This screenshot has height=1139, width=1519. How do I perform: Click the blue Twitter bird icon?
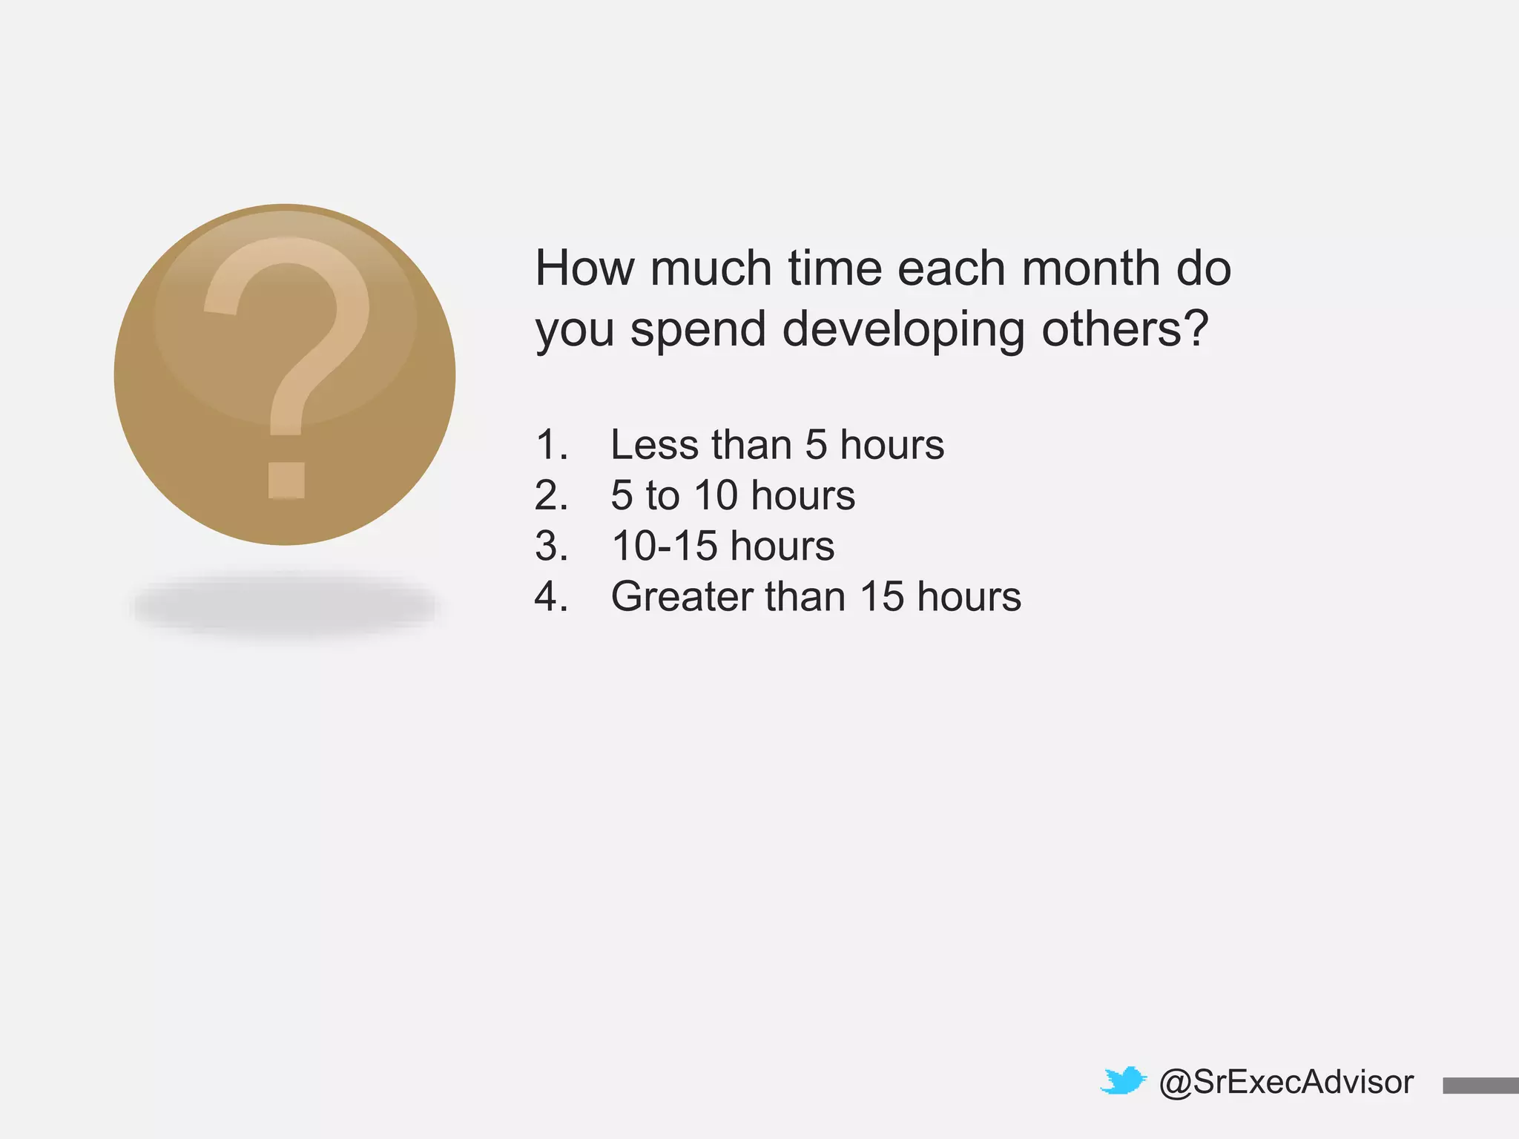(x=1123, y=1081)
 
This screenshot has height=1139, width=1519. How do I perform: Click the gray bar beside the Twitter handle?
(x=1480, y=1086)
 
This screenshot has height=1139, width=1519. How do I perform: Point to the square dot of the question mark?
(x=286, y=480)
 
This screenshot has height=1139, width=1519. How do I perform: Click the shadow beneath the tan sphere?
(x=285, y=607)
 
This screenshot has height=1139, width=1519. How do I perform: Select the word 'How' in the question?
(x=584, y=268)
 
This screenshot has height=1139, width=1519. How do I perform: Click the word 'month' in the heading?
(x=1090, y=268)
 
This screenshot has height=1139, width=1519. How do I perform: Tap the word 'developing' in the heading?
(x=903, y=329)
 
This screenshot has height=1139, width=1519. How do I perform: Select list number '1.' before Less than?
(x=551, y=445)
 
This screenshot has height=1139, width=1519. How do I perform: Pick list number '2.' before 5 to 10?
(x=551, y=495)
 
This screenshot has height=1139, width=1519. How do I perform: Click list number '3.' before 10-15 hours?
(x=551, y=547)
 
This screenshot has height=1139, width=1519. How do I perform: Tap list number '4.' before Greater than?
(x=551, y=597)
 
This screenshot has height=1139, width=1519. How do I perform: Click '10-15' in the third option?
(x=665, y=547)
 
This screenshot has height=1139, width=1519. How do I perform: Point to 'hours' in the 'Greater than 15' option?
(x=969, y=597)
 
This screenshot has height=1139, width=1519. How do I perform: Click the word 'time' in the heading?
(x=834, y=268)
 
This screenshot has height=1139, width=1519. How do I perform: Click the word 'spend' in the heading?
(x=698, y=329)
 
